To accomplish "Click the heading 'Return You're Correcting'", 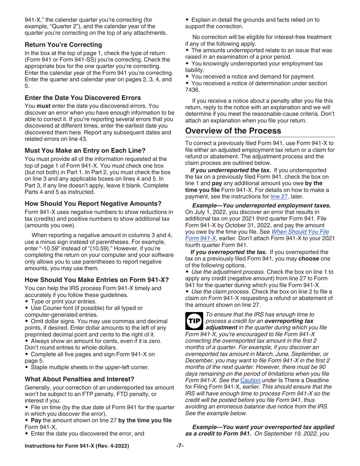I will (x=63, y=45).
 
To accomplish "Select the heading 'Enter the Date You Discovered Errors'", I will (x=83, y=98).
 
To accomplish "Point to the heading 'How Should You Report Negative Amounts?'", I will (x=93, y=203).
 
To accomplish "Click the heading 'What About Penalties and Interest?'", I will (x=79, y=379).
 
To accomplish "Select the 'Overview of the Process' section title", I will (x=233, y=131).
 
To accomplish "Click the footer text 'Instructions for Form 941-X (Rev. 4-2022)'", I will (x=77, y=446).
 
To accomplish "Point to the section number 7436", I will (x=193, y=90).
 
